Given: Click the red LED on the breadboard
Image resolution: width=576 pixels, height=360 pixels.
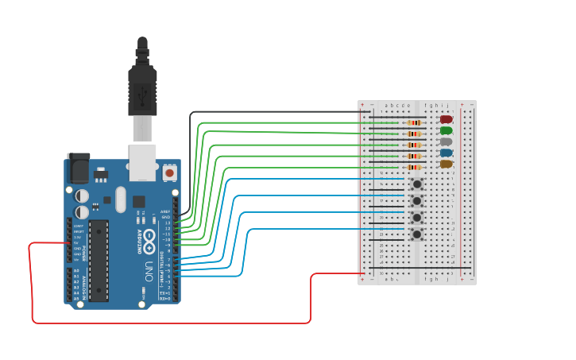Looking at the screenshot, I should [x=446, y=119].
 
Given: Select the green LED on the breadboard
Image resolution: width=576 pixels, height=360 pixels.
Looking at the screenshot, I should [x=446, y=130].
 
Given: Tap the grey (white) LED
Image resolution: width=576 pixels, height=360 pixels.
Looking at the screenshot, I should [x=446, y=141].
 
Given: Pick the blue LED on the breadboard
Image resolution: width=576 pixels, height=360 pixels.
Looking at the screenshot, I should [x=446, y=153].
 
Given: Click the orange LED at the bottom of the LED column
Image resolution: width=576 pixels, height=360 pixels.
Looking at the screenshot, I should [x=446, y=164].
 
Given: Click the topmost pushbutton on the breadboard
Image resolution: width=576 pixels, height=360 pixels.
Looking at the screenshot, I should [x=416, y=184].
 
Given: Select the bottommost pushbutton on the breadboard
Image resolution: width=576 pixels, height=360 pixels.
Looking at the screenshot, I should [x=416, y=234].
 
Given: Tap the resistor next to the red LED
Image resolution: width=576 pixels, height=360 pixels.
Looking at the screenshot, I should [x=414, y=123].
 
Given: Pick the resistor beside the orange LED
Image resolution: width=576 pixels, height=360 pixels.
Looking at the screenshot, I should [x=414, y=168].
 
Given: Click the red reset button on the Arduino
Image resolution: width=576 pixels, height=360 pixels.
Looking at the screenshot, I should [x=169, y=172].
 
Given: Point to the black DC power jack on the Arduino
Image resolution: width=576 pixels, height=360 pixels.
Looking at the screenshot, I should [x=78, y=167].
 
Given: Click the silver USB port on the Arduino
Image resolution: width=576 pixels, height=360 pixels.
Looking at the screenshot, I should [x=143, y=161].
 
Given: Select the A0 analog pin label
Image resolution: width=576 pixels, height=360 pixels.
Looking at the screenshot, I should [x=76, y=270].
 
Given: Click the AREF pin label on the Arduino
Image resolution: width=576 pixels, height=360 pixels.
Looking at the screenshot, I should [x=165, y=211].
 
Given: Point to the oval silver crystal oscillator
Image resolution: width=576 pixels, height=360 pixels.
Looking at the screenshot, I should [x=120, y=199].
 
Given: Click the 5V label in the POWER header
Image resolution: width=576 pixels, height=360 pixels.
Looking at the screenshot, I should [x=77, y=242].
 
